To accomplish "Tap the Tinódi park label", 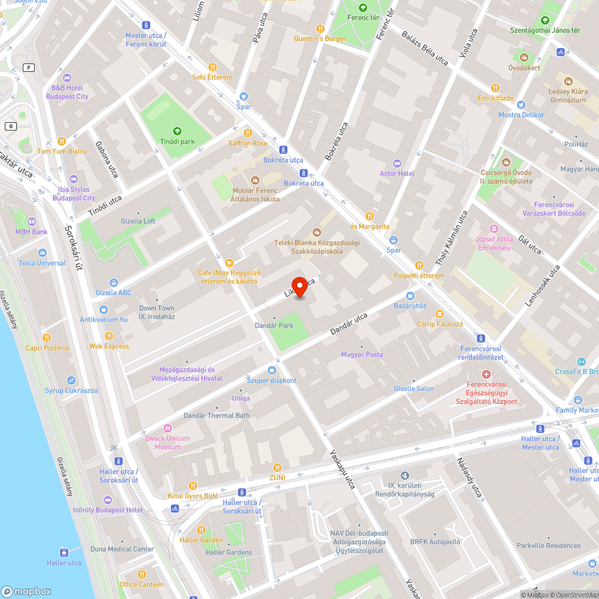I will pos(177,141).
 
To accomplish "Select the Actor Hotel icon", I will pos(397,164).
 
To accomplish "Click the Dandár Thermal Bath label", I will pos(217,415).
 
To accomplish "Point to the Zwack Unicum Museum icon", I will pos(168,428).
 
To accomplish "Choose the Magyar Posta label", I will pos(362,355).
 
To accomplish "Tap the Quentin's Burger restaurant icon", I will pos(320,28).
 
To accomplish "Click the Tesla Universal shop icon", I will pos(43,253).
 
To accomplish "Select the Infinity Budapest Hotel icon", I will pos(108,500).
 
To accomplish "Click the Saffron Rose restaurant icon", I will pos(248,133).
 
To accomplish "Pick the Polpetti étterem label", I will pos(419,276).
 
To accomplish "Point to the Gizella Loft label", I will pos(138,221).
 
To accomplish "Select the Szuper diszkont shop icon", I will pos(272,370).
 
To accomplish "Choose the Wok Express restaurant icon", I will pos(109,335).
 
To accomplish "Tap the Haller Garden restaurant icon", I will pos(201,530).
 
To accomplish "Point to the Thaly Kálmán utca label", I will pos(450,238).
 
